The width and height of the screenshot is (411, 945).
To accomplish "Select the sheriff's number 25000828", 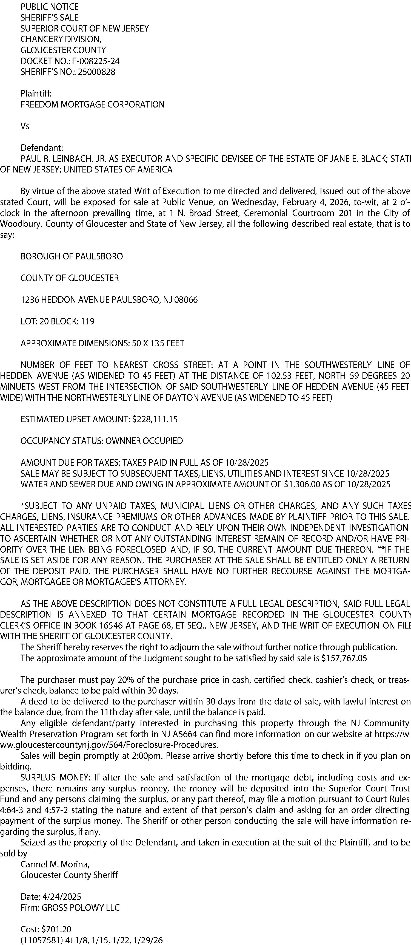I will pos(96,72).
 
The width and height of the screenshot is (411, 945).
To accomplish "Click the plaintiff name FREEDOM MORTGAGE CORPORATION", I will pos(92,104).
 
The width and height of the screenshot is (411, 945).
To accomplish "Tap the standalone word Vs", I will pos(25,126).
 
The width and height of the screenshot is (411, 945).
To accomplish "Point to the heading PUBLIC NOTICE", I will pos(50,7).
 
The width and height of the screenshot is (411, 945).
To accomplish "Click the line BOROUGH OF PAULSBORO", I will pos(72,256).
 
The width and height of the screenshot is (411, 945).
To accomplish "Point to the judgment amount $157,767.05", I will pos(344,658).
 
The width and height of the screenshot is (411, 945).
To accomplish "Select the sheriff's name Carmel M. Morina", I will pos(55,864).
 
